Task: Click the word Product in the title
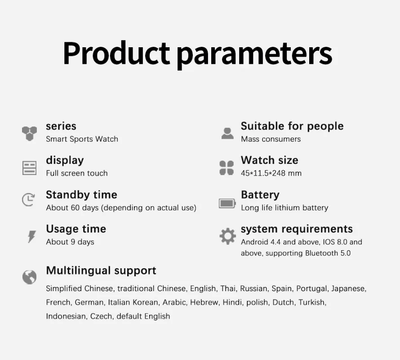coord(116,53)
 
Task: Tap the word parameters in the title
coord(254,55)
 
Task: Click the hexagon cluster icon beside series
coord(29,133)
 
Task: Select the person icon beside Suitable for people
coord(227,133)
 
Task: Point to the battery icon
coord(227,203)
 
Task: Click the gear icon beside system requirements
coord(228,236)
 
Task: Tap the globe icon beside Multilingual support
coord(29,277)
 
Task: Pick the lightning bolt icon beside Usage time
coord(32,237)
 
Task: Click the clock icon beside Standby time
coord(28,199)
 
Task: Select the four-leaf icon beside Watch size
coord(227,168)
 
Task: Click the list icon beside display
coord(29,168)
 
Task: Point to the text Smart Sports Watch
coord(82,139)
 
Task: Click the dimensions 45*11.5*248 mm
coord(271,173)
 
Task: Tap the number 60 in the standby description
coord(75,208)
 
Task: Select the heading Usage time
coord(76,229)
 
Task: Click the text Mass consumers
coord(271,139)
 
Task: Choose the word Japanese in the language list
coord(349,289)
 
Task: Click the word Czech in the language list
coord(102,316)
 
